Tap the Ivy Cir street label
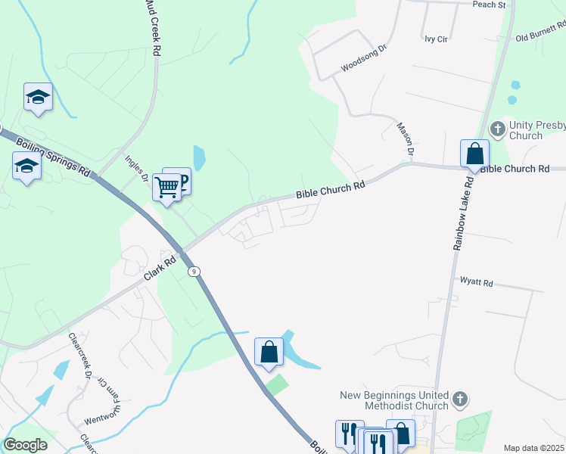tap(436, 36)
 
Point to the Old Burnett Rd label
tap(540, 33)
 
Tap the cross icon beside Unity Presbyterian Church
tap(498, 128)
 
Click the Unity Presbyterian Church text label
tap(537, 130)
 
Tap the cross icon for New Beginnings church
tap(459, 398)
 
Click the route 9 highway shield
tap(194, 272)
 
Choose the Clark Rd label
tap(160, 269)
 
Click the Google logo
tap(25, 445)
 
